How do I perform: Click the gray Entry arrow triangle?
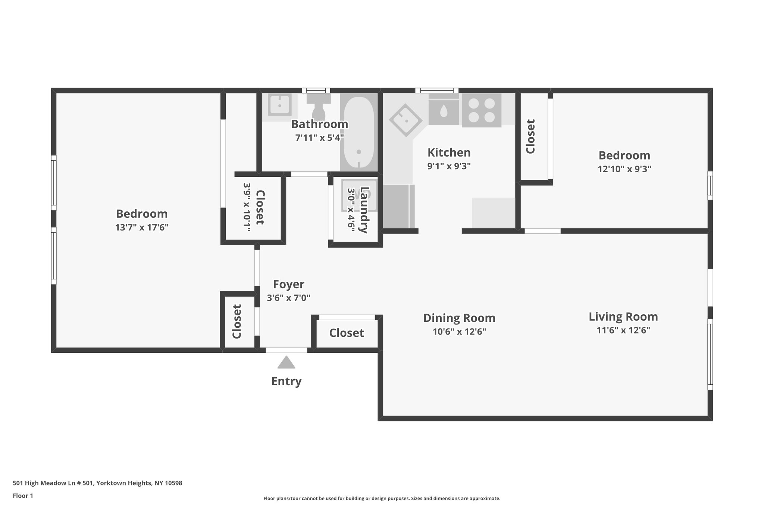286,363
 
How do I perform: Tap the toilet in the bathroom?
319,106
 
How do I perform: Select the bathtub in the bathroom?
358,132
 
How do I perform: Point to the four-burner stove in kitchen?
481,110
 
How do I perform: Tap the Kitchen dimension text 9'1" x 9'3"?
449,166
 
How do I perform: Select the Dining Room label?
459,318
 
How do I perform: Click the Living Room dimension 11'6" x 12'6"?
623,330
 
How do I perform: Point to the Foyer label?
288,285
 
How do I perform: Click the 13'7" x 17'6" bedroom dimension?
142,227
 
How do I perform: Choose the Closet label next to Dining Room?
346,333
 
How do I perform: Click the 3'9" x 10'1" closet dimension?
247,207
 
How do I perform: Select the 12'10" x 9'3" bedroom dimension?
624,169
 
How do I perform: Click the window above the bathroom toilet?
316,90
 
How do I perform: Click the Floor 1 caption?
23,496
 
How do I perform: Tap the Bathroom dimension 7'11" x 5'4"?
319,138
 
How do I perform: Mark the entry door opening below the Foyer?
286,350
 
